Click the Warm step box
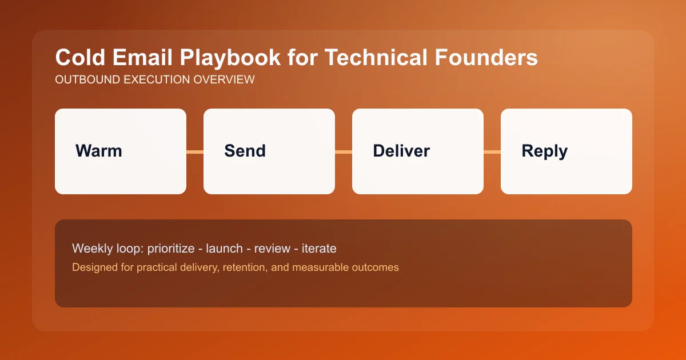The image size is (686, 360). coord(121,151)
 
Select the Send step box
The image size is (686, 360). coord(269,151)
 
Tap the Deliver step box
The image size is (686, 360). coord(418,151)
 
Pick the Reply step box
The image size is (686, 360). coord(567,151)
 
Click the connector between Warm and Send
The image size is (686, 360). coord(195,151)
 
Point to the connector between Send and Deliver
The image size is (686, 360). coord(344,151)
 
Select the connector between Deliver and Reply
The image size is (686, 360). coord(492,151)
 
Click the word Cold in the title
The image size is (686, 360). coord(76,58)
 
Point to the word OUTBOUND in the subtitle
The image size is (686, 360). coord(83,80)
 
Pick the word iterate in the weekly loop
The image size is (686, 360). coord(318,249)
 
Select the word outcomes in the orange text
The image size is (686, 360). coord(375,267)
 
